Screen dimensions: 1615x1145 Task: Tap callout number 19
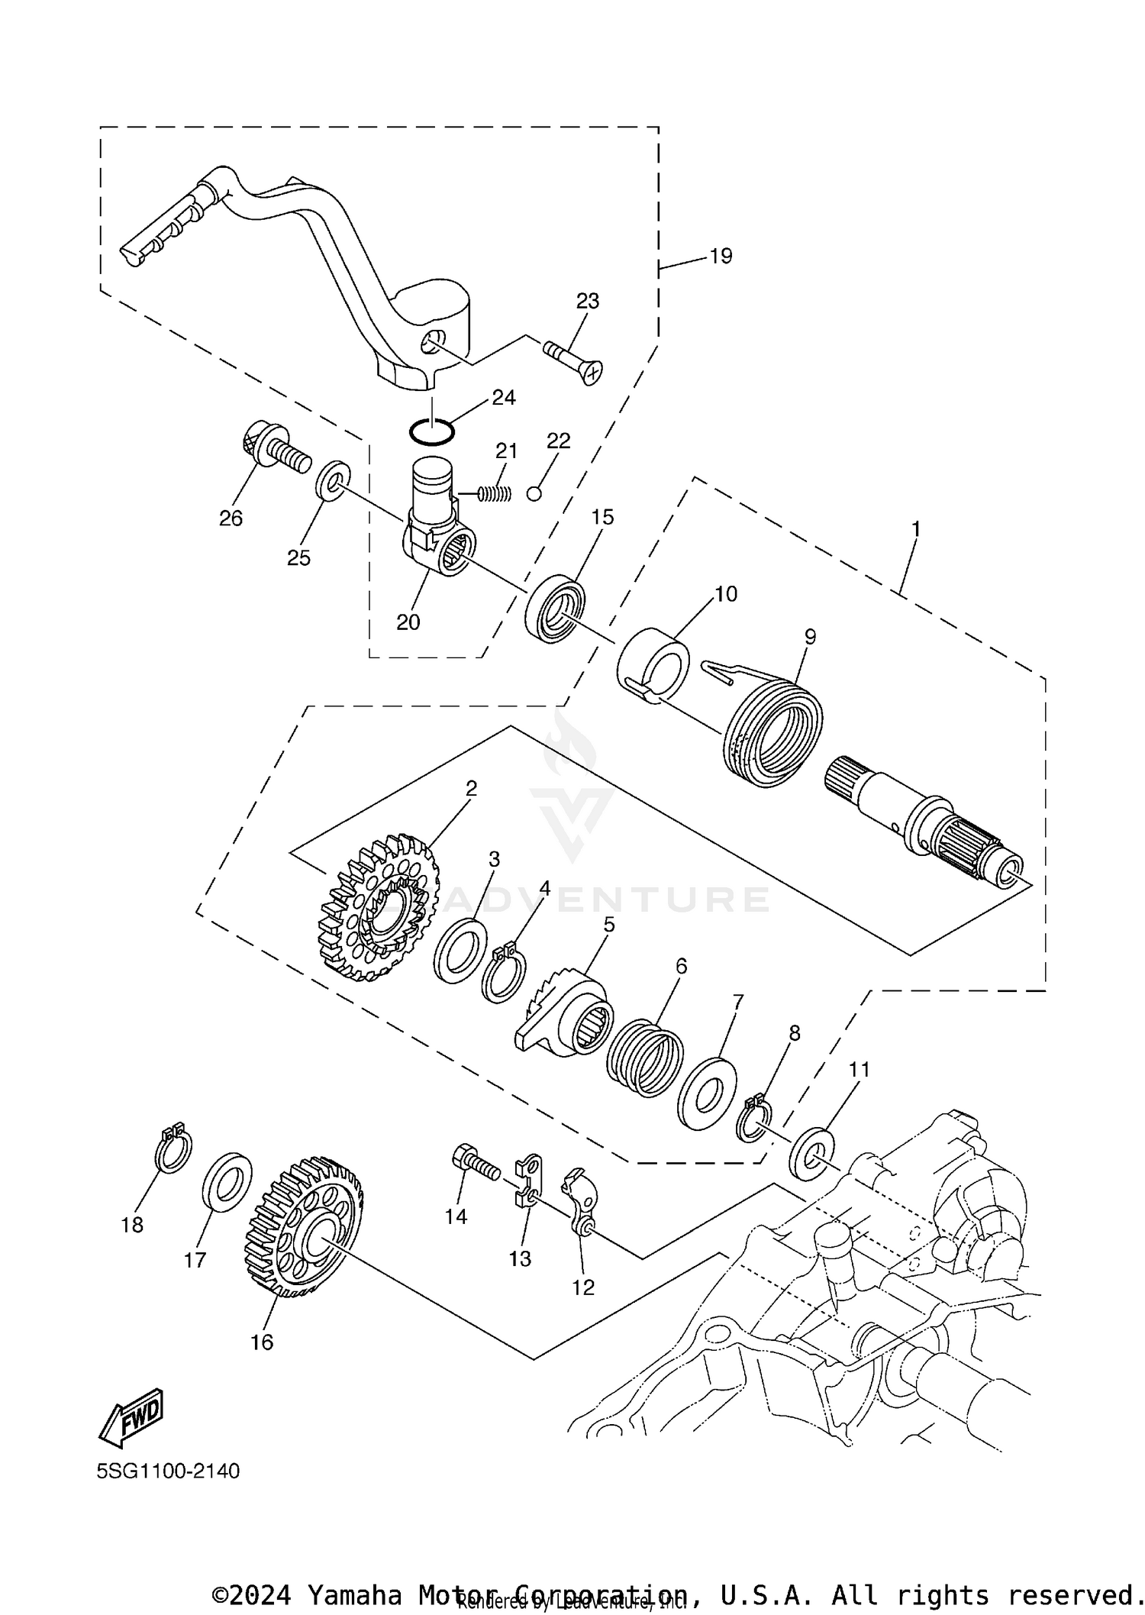[721, 256]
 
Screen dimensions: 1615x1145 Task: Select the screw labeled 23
[572, 361]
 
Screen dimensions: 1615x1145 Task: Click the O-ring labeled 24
[431, 431]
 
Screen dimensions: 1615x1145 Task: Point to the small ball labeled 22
[534, 493]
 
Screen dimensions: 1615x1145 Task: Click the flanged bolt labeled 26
[273, 452]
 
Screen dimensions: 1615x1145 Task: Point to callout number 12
[583, 1287]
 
